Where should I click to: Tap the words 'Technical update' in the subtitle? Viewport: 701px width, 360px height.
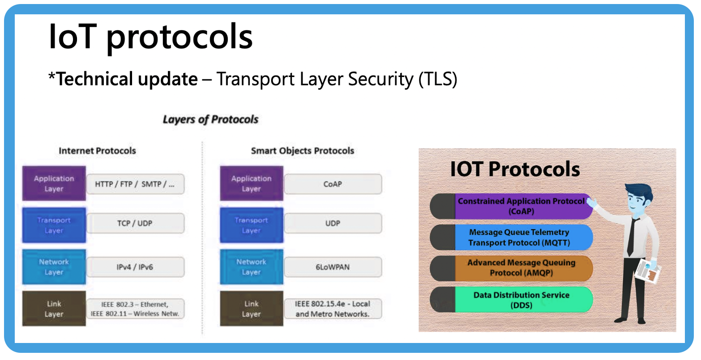[127, 78]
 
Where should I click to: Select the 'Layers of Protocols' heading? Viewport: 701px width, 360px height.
[210, 119]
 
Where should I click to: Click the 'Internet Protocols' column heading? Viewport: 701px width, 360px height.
[97, 150]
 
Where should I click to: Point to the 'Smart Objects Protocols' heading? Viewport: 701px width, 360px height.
[303, 150]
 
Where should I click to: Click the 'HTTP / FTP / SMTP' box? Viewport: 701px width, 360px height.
[135, 184]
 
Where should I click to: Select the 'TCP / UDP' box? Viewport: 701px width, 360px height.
[135, 223]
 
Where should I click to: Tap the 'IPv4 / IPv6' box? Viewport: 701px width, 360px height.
[135, 267]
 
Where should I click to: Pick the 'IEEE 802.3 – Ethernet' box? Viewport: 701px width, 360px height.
[135, 309]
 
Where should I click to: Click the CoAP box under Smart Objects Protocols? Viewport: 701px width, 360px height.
[333, 184]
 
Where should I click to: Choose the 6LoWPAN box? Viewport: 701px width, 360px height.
[333, 267]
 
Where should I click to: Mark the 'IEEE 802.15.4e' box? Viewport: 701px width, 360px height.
[333, 309]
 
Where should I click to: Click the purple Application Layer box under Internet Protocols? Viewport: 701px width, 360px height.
[54, 184]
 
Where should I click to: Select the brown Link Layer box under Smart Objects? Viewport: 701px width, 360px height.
[252, 309]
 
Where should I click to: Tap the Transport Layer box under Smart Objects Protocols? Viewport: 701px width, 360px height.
[252, 225]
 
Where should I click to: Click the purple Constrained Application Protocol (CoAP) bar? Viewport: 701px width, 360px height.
[511, 206]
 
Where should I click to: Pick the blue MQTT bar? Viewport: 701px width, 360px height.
[511, 237]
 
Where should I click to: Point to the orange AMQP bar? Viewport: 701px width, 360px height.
[511, 268]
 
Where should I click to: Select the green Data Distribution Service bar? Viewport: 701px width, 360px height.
[511, 300]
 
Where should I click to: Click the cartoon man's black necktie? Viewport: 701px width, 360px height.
[632, 237]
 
